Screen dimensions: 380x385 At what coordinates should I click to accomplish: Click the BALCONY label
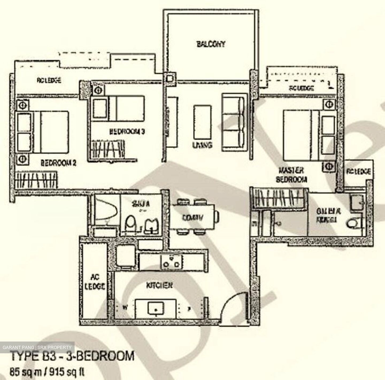click(x=211, y=44)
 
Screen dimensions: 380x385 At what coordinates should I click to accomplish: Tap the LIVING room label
click(x=202, y=145)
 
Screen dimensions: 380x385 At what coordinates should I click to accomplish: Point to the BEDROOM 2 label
click(x=58, y=163)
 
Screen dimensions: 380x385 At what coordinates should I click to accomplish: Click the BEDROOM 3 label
click(x=127, y=131)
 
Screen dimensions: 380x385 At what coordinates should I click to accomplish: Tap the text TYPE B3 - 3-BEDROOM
click(x=72, y=356)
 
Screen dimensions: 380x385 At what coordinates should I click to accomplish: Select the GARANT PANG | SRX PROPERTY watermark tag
click(x=37, y=347)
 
